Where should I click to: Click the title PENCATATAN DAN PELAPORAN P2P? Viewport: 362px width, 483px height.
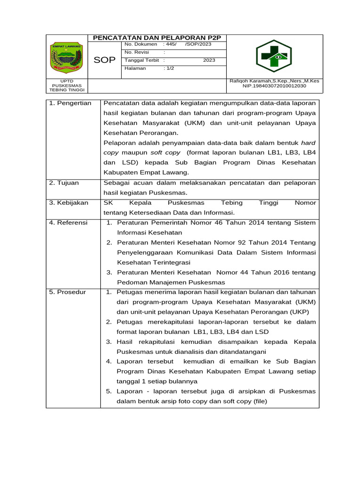[157, 38]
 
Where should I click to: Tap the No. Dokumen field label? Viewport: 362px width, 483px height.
[140, 44]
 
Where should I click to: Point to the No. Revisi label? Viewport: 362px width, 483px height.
[137, 52]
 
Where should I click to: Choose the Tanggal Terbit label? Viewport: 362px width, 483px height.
[141, 60]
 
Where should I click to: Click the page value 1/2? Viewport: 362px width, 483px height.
[169, 68]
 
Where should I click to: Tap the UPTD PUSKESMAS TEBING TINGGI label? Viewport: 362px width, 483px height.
[66, 86]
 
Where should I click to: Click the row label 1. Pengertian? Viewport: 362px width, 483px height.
[70, 103]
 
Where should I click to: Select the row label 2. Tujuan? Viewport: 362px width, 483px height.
[64, 183]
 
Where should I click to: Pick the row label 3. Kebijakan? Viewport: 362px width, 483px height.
[69, 203]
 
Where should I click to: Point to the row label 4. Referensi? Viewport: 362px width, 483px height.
[68, 223]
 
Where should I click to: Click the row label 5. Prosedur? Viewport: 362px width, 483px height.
[68, 292]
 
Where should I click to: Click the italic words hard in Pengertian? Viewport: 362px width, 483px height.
[308, 142]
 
